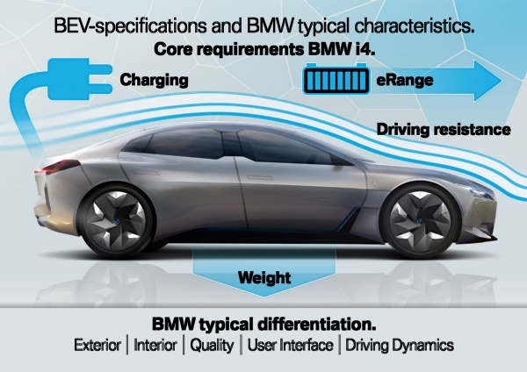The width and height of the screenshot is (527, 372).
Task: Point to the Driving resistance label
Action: coord(444,130)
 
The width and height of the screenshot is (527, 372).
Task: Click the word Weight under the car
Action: coord(264,279)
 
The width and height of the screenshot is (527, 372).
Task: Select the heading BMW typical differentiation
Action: coord(263,322)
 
